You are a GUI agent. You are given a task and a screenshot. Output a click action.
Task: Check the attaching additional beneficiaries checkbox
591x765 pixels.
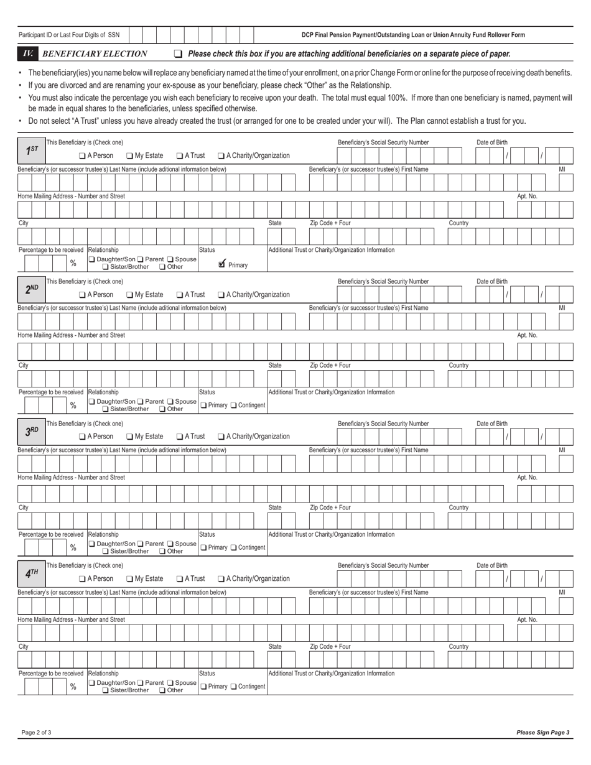pos(179,54)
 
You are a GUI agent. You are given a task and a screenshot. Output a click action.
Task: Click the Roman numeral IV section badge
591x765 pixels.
pos(27,53)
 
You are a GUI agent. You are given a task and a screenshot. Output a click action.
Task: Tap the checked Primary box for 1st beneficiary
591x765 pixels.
pos(222,264)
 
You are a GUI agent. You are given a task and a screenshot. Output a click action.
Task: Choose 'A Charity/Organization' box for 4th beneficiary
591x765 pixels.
pos(221,578)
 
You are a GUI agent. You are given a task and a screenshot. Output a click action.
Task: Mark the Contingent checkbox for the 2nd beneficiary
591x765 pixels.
pos(234,406)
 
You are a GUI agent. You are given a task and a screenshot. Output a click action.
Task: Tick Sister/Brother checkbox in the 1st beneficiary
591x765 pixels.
pos(105,267)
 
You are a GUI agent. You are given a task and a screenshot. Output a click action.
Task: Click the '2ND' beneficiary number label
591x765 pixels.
pos(32,289)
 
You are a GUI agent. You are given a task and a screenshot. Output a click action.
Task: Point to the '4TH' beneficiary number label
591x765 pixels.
pos(32,573)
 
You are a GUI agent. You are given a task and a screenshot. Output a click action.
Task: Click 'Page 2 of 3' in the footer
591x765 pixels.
pos(36,732)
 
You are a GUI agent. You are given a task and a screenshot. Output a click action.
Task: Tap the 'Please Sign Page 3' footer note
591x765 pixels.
pos(542,732)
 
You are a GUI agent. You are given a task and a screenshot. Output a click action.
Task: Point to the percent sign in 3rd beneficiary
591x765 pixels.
pos(73,547)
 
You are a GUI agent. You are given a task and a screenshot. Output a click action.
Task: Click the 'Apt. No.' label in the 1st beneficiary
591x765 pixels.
pos(527,196)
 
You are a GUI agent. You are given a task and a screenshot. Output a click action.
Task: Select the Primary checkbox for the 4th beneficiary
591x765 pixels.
pos(203,686)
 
